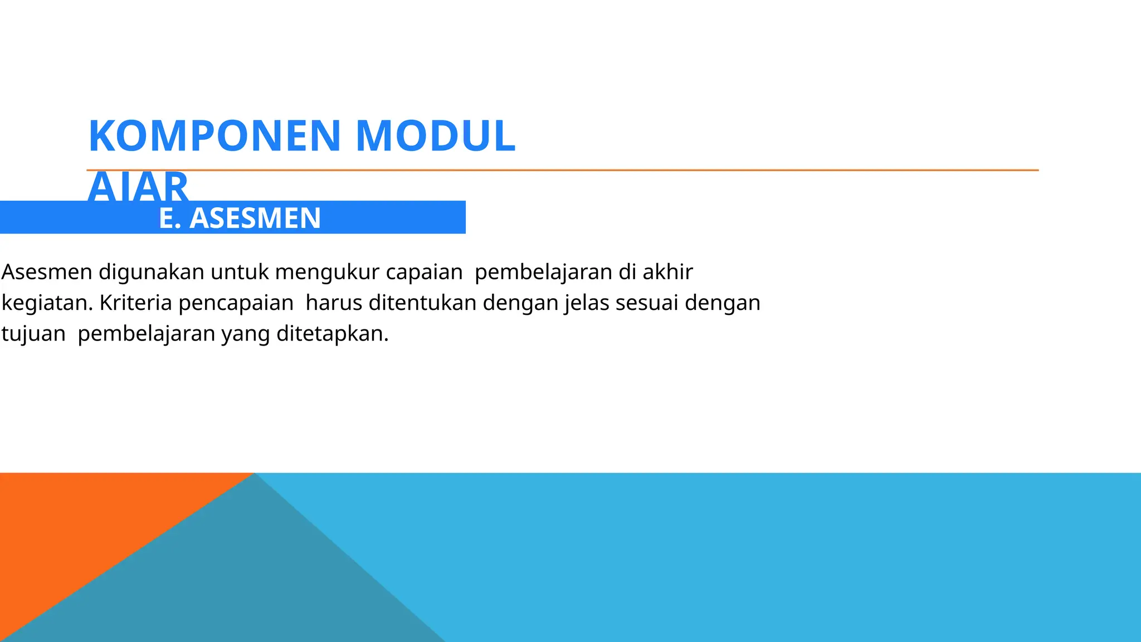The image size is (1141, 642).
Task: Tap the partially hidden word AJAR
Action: pyautogui.click(x=138, y=187)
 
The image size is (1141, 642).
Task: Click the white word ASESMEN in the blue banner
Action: pyautogui.click(x=255, y=218)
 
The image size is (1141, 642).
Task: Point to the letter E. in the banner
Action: pyautogui.click(x=170, y=218)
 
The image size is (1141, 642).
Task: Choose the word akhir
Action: pyautogui.click(x=667, y=272)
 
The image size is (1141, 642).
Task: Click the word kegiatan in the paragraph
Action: pyautogui.click(x=46, y=303)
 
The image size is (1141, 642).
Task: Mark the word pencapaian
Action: pyautogui.click(x=236, y=303)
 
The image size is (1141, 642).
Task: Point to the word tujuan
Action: pyautogui.click(x=33, y=334)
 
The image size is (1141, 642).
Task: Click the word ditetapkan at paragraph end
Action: pyautogui.click(x=332, y=334)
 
